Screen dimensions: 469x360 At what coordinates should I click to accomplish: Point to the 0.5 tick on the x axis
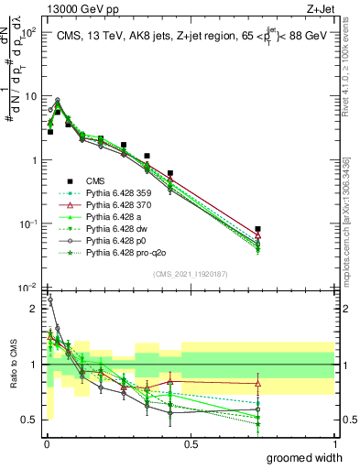191,443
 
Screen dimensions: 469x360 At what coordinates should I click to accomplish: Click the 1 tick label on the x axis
335,443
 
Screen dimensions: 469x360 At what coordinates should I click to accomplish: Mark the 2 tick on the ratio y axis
33,309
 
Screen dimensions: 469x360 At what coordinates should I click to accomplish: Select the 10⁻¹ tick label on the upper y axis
27,224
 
